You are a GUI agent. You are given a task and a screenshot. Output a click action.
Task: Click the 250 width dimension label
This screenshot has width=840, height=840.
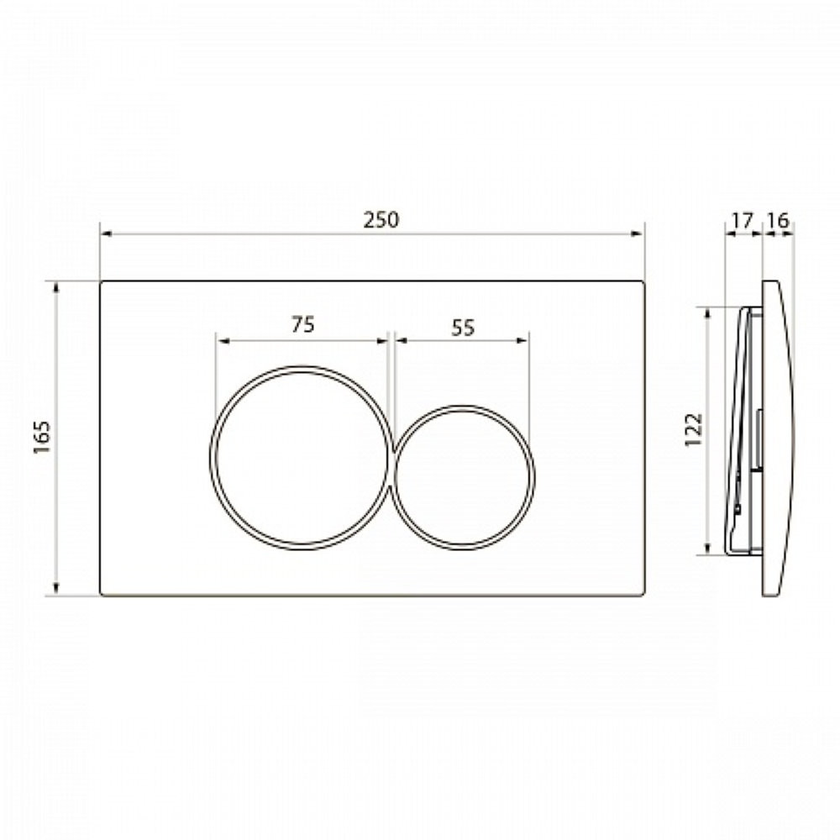pos(381,220)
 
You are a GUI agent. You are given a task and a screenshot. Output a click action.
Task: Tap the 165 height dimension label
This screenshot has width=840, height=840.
pos(42,437)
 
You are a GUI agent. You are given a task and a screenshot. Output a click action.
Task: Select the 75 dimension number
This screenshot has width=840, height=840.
pos(303,324)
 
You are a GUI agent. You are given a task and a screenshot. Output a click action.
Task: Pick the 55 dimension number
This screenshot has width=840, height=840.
pos(463,328)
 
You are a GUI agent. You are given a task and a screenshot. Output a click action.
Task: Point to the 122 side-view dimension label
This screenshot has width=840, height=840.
pos(693,429)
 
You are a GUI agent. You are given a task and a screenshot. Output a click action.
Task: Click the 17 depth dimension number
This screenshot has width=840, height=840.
pos(742,219)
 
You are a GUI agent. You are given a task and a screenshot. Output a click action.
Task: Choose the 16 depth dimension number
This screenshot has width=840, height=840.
pos(778,219)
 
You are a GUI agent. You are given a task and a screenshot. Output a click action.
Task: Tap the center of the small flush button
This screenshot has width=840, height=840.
pos(464,477)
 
